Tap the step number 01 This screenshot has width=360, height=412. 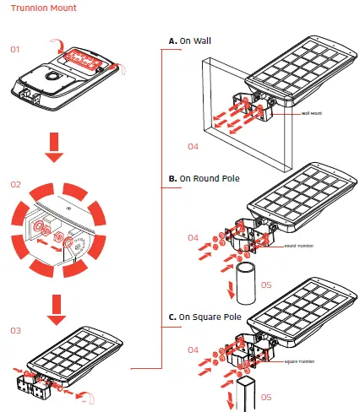click(x=14, y=50)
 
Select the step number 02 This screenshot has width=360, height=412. click(x=14, y=184)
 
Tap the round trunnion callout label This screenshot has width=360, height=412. click(x=300, y=246)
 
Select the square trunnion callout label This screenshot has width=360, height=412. click(x=302, y=360)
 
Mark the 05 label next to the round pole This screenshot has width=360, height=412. click(x=265, y=285)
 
